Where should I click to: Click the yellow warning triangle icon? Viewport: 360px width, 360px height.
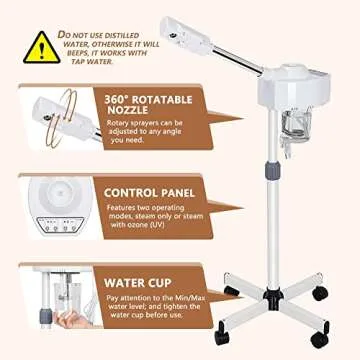pos(41,45)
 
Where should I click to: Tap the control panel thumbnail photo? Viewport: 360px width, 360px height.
pos(45,205)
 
